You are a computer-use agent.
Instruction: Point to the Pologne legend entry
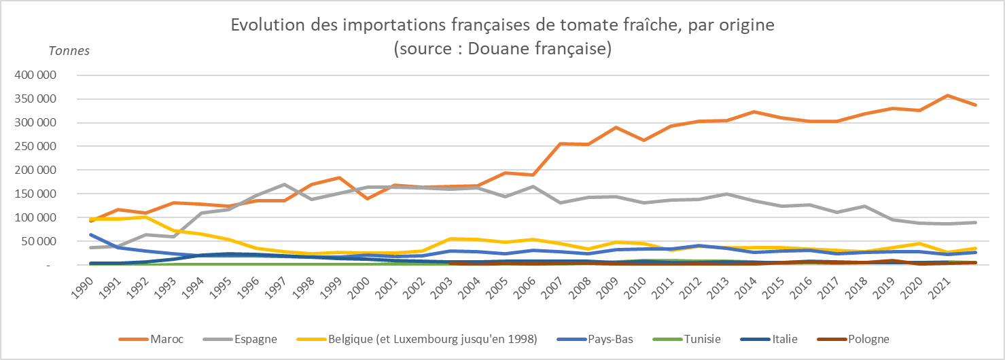tap(868, 339)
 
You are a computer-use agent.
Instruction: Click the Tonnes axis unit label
tap(69, 50)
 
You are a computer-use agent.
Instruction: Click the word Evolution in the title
tap(265, 26)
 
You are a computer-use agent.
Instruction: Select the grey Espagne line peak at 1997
tap(283, 184)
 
